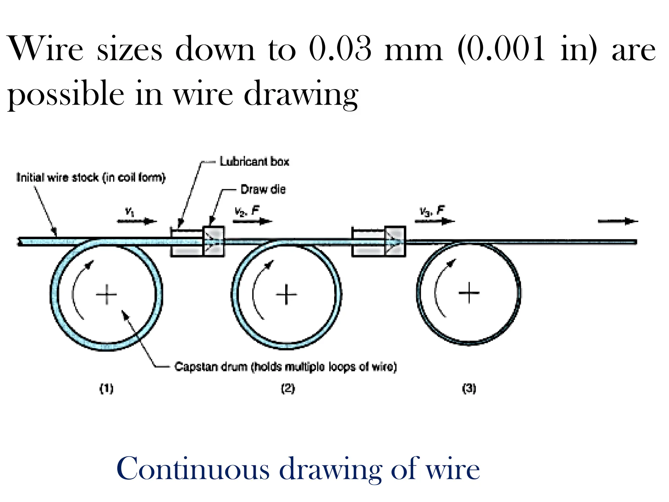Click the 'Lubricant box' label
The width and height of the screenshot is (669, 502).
click(x=254, y=162)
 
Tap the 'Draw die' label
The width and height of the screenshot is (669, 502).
click(x=263, y=190)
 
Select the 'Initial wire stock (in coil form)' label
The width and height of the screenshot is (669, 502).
click(x=91, y=177)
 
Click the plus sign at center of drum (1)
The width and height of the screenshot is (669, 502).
click(x=106, y=294)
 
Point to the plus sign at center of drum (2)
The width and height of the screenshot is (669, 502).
click(x=286, y=294)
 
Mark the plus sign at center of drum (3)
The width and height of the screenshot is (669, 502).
click(x=469, y=293)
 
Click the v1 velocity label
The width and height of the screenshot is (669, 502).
click(x=130, y=212)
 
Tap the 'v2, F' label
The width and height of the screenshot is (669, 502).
click(x=247, y=211)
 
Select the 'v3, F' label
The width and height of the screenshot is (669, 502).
click(x=432, y=211)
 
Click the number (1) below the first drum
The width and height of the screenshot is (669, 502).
click(x=106, y=389)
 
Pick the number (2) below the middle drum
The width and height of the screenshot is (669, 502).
click(x=288, y=389)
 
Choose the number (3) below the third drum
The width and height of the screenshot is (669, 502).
click(x=469, y=389)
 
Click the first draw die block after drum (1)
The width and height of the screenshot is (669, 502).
click(x=214, y=241)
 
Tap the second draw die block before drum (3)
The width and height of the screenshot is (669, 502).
click(x=395, y=241)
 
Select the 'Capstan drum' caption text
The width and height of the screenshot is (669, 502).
click(x=286, y=367)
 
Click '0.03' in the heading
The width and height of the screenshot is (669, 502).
click(x=340, y=49)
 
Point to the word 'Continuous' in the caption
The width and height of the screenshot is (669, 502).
click(x=193, y=469)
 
